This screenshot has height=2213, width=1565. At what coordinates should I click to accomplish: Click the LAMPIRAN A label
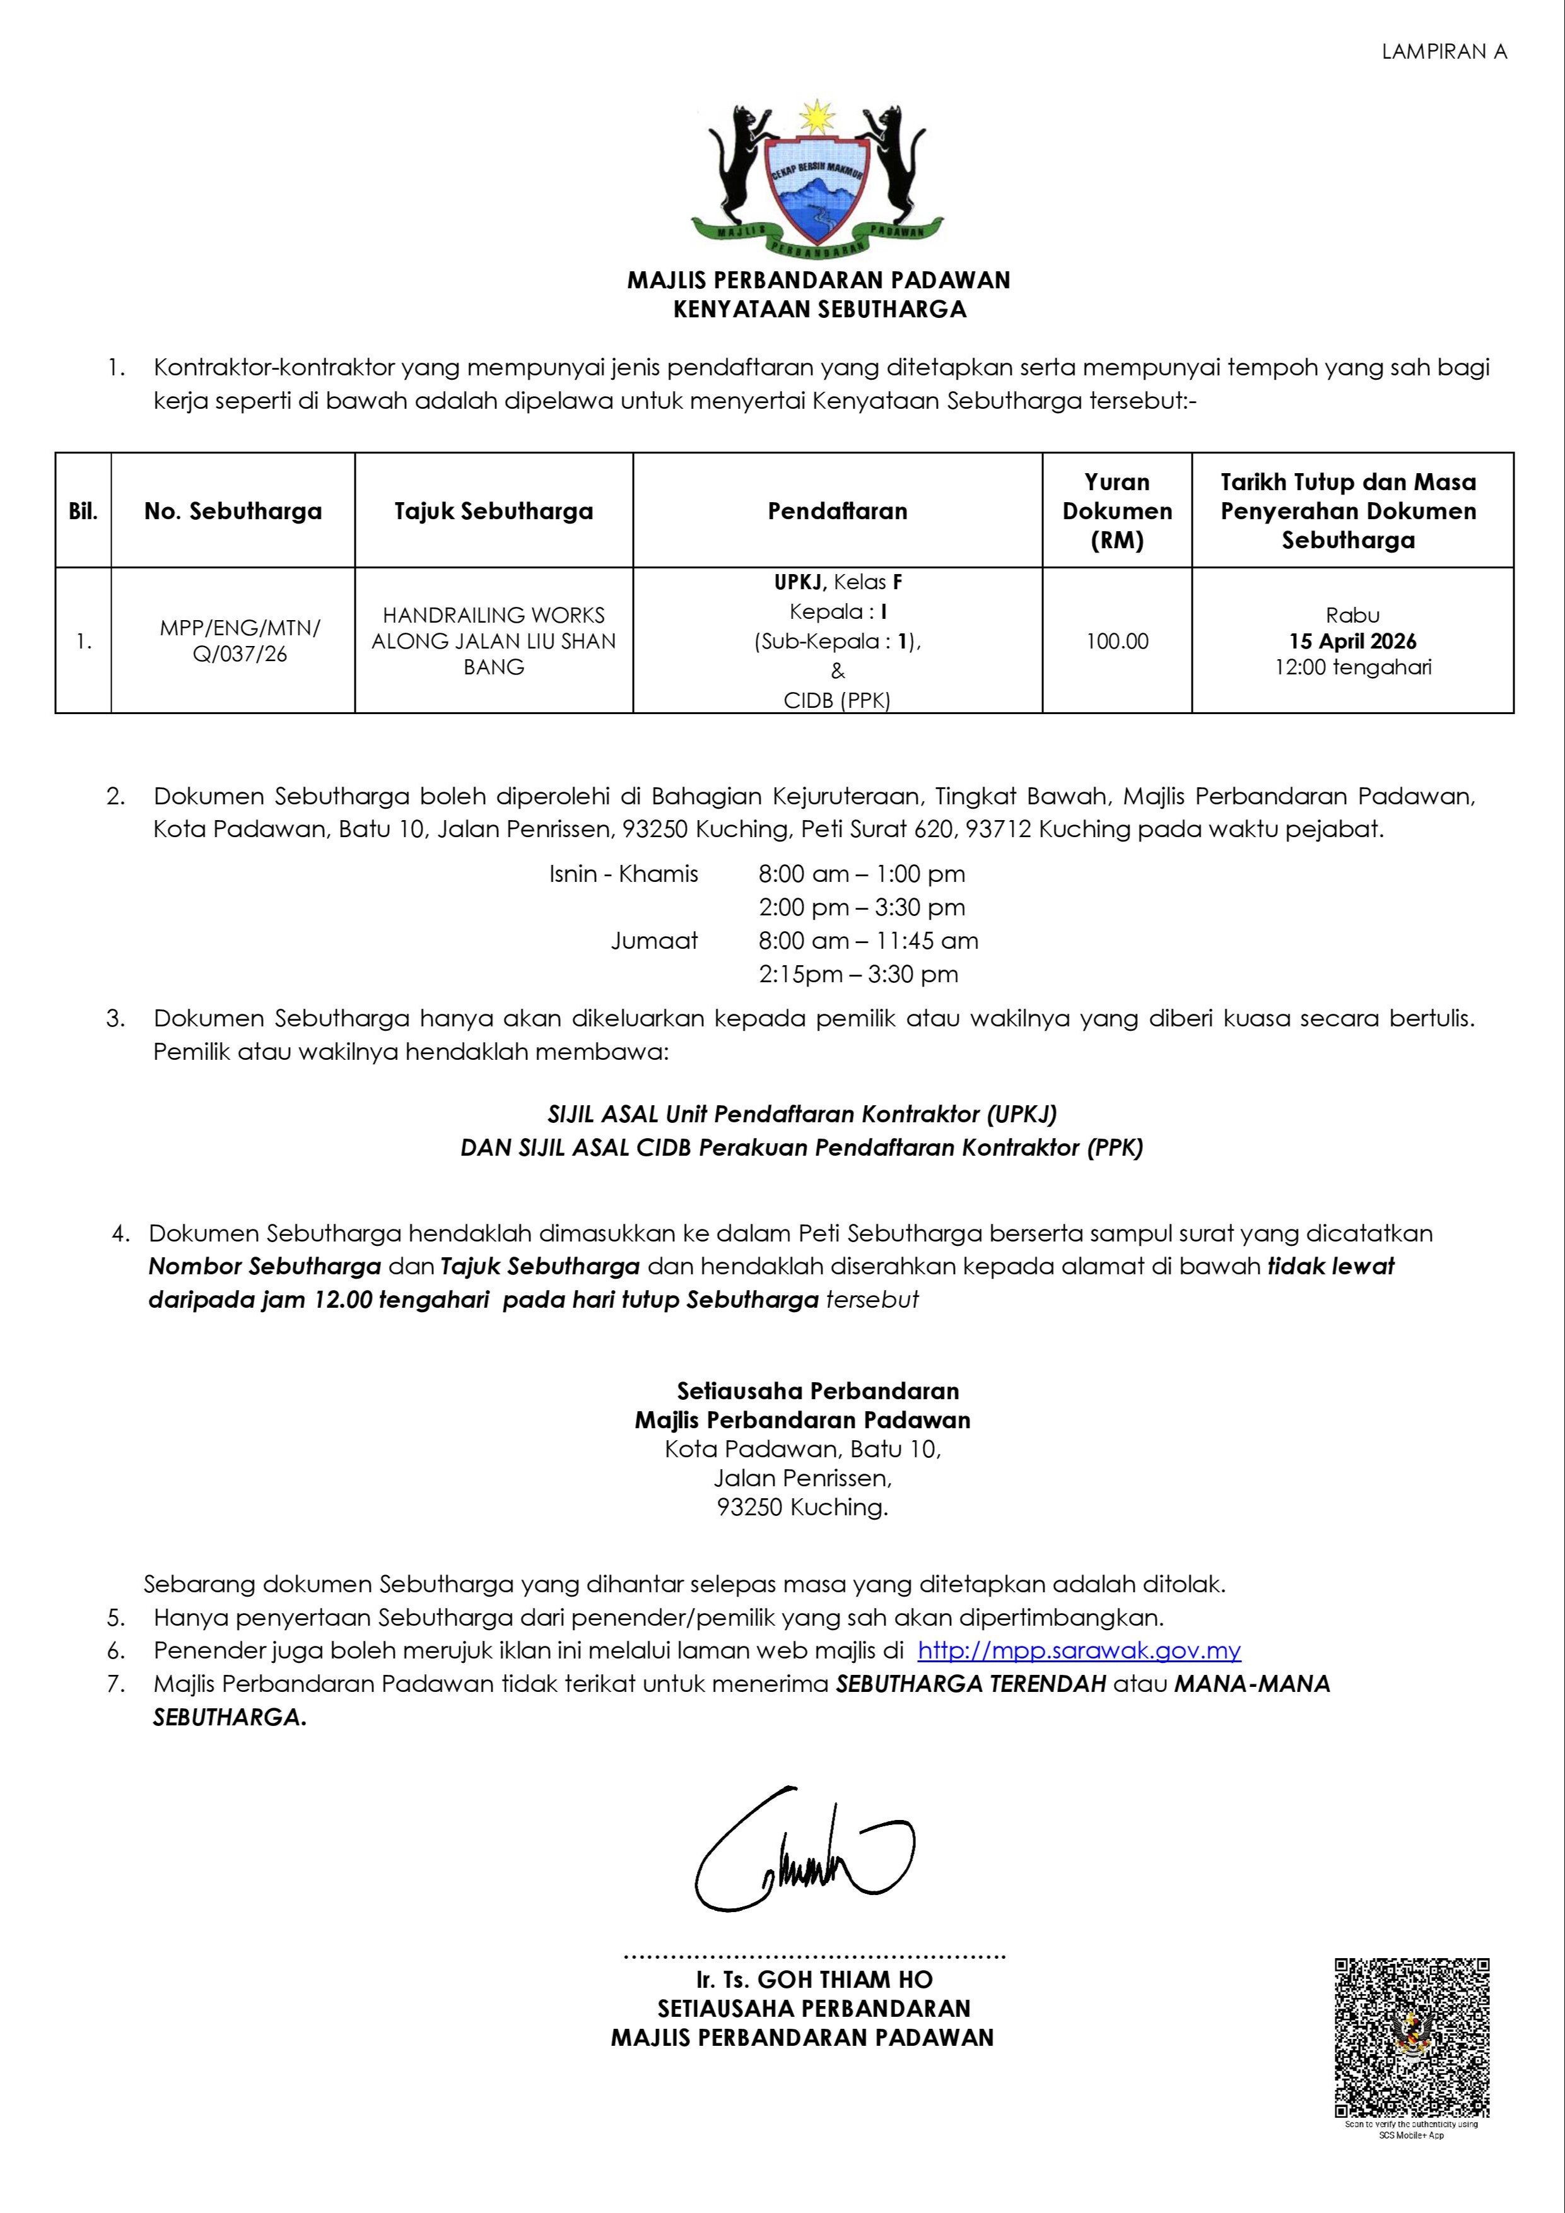click(x=1444, y=52)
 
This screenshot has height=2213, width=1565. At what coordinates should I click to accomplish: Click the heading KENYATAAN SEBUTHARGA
click(x=819, y=309)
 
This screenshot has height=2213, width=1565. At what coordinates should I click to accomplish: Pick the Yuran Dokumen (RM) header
click(x=1117, y=511)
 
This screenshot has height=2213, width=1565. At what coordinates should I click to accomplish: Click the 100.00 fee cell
click(x=1117, y=641)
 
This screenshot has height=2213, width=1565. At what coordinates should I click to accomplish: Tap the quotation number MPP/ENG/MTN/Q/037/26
click(x=240, y=641)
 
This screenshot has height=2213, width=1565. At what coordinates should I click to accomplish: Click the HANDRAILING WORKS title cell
click(x=493, y=641)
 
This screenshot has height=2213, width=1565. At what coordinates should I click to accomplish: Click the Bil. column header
click(x=83, y=511)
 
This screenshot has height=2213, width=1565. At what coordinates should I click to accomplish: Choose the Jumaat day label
click(x=654, y=941)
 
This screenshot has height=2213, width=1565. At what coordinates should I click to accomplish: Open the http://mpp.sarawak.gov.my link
click(x=1079, y=1650)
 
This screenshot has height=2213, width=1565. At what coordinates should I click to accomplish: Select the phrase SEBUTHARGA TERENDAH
click(x=970, y=1684)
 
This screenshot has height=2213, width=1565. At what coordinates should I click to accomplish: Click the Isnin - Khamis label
click(x=623, y=874)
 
